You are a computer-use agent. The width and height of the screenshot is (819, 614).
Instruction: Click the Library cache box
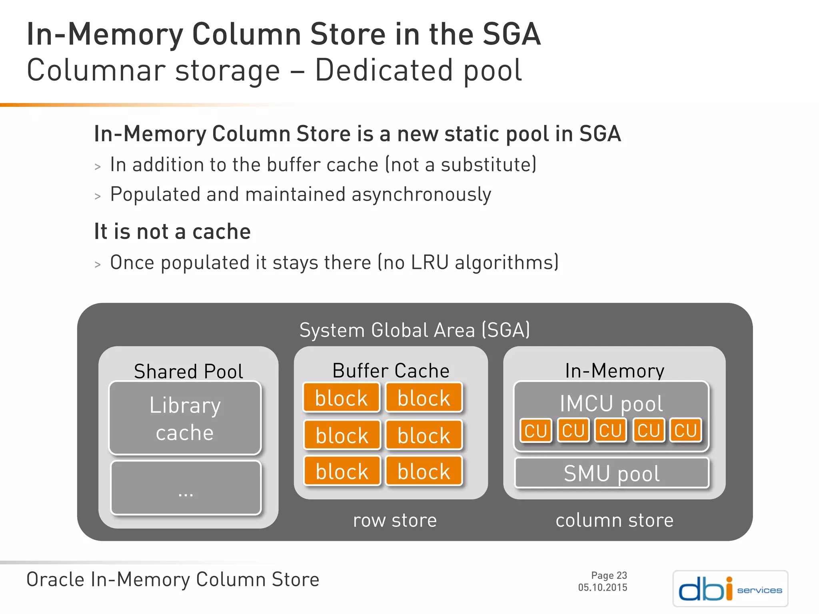click(x=185, y=418)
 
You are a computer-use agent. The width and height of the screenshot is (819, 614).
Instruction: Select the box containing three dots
click(x=186, y=488)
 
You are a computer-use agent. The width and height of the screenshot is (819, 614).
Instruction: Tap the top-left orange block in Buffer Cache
click(x=341, y=398)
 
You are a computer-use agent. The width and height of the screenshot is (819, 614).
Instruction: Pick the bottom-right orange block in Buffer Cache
click(x=423, y=471)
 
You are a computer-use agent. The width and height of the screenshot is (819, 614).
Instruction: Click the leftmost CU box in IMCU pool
click(x=535, y=431)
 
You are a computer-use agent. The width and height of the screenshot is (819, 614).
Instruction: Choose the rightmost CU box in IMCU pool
click(x=685, y=431)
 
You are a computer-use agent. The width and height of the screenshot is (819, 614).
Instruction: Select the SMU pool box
click(x=611, y=473)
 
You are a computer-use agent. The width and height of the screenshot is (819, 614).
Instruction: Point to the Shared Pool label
click(x=188, y=371)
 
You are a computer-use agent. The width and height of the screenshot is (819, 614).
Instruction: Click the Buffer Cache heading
click(x=391, y=371)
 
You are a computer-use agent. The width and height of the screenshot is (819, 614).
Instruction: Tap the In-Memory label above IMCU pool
click(x=614, y=371)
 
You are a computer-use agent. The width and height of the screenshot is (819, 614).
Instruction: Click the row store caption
click(x=395, y=520)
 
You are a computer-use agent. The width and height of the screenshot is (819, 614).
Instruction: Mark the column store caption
click(x=614, y=520)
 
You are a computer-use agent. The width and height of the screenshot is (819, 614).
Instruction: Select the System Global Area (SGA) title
click(x=414, y=330)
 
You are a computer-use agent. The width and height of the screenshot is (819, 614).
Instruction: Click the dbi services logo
click(x=730, y=588)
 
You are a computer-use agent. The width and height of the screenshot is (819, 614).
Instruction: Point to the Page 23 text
click(x=609, y=575)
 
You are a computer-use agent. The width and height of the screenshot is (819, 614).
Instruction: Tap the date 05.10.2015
click(x=603, y=587)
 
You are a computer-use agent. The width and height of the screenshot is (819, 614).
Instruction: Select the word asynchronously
click(x=421, y=195)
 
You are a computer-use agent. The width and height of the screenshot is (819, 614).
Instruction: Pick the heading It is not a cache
click(x=172, y=231)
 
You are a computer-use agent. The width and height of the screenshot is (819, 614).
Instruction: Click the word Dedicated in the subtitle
click(x=384, y=70)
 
